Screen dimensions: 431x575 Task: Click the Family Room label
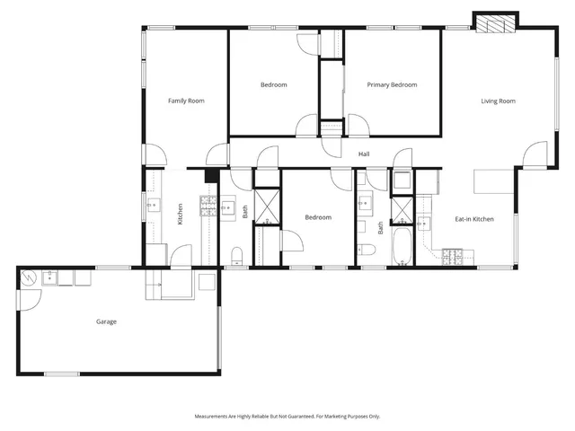[186, 101]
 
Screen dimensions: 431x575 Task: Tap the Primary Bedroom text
[392, 84]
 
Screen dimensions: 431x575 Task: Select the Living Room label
[498, 101]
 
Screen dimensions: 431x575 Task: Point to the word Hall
[364, 154]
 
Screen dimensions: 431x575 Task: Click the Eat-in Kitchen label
[473, 219]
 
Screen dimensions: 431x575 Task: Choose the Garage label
[106, 321]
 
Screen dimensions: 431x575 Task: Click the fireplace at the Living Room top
[496, 22]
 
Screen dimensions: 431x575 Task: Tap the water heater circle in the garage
[28, 277]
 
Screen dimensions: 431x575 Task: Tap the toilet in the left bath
[237, 252]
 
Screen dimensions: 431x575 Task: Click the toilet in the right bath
[366, 250]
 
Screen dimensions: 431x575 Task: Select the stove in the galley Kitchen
[208, 208]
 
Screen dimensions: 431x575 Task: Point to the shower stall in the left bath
[267, 207]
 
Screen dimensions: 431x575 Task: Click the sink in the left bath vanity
[226, 205]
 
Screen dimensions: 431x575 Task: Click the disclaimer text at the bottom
[287, 416]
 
